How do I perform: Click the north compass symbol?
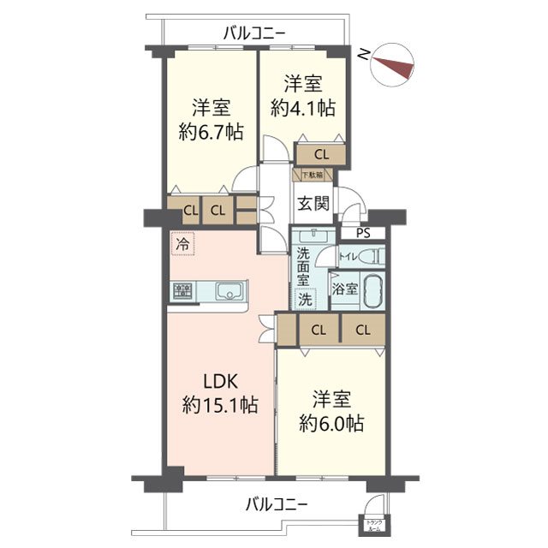click(391, 63)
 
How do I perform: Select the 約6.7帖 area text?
click(210, 133)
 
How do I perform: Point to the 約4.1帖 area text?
click(303, 108)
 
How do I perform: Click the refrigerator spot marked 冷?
click(182, 244)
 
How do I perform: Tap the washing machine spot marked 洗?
click(304, 300)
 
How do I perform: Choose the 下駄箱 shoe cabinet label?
click(311, 176)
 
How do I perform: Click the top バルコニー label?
click(254, 34)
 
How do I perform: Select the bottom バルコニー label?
click(275, 503)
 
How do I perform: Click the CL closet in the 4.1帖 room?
click(321, 155)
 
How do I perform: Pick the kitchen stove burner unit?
click(182, 292)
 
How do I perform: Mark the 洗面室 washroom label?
click(303, 265)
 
